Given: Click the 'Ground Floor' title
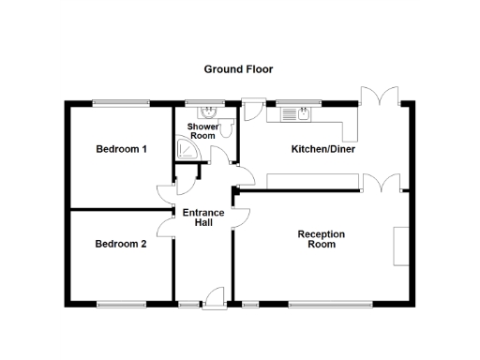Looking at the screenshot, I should [239, 69].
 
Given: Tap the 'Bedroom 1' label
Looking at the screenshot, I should [121, 149].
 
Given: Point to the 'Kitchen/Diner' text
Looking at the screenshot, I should [322, 149].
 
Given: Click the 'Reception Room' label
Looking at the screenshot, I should [322, 239].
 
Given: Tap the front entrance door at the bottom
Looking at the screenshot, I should [215, 296].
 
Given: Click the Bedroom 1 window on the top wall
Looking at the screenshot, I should [121, 102].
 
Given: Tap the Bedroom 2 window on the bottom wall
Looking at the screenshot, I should [121, 303].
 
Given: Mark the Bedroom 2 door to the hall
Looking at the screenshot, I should [165, 225].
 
